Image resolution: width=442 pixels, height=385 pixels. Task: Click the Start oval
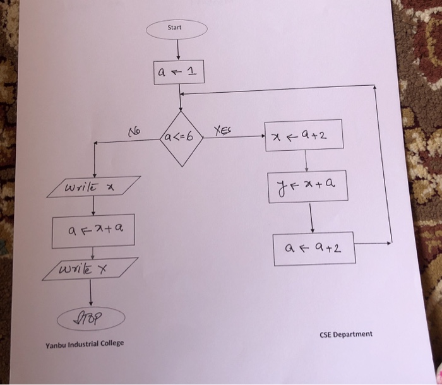(x=176, y=28)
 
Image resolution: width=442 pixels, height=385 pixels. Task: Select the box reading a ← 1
(x=179, y=73)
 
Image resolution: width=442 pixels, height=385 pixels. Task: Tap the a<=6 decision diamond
(x=181, y=137)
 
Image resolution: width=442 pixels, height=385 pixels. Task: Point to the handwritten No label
(x=134, y=132)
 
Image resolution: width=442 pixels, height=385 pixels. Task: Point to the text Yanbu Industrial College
(x=85, y=343)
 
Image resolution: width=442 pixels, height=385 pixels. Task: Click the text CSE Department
(x=345, y=334)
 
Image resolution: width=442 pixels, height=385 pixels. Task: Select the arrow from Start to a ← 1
(x=179, y=49)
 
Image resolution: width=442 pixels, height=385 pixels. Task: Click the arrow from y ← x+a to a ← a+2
(x=311, y=218)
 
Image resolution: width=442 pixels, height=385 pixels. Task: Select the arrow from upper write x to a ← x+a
(x=93, y=206)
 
